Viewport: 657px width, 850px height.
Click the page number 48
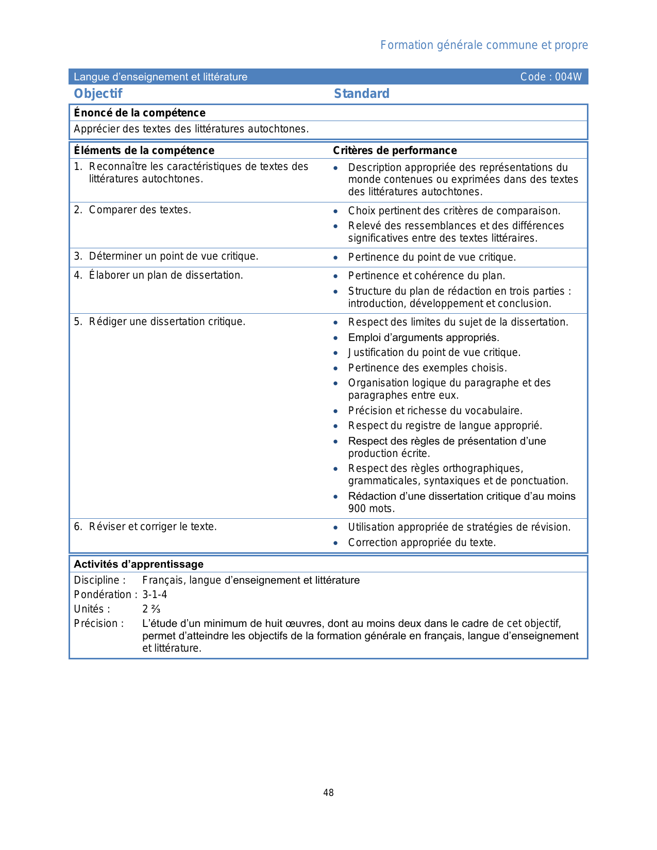point(328,793)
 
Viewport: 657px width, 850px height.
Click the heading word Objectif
point(98,94)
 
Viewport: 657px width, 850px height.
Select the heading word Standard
point(361,94)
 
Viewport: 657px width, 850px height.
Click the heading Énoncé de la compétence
point(140,113)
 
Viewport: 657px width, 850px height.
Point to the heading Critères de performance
point(395,150)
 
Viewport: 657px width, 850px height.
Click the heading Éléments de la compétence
point(144,150)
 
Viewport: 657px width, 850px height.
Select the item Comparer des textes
point(140,210)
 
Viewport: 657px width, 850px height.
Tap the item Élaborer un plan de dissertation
point(165,276)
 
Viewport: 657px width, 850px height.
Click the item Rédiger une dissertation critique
point(167,322)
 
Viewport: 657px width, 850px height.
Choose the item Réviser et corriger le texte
point(153,527)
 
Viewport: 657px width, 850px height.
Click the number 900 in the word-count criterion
point(357,509)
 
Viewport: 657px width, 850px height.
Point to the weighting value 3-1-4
point(155,595)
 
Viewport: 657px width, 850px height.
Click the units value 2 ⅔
point(151,609)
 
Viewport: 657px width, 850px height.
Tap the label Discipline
point(99,581)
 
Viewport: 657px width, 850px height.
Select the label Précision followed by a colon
point(99,624)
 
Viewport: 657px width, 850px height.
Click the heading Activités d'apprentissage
point(139,565)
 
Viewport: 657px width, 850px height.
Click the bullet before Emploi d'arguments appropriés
point(336,338)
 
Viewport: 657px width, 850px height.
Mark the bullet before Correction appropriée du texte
point(336,543)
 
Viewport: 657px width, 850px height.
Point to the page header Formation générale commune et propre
point(484,45)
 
